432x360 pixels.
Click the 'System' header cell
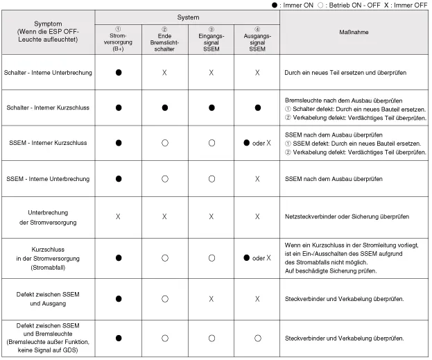[187, 17]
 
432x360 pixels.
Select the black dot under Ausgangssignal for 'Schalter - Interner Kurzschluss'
[257, 108]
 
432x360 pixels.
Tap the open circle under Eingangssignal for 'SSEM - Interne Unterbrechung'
[210, 179]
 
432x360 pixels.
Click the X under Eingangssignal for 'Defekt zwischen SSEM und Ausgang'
[210, 299]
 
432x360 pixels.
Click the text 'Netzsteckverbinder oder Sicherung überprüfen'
[347, 216]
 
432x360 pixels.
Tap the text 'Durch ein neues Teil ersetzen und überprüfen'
[344, 72]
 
